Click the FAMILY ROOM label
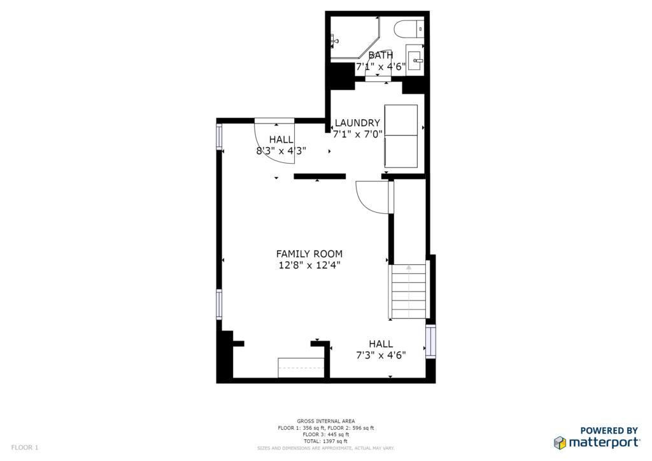309,253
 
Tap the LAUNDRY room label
358,123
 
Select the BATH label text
381,55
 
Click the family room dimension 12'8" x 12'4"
309,265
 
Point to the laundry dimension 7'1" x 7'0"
358,134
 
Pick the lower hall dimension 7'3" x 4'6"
381,355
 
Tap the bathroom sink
415,60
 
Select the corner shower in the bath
355,38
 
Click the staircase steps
408,292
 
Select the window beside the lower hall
431,341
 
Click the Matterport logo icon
560,443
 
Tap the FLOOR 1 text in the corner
25,448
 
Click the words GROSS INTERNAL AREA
326,421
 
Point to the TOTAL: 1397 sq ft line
326,441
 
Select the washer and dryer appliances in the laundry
401,136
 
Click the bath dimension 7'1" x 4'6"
381,66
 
